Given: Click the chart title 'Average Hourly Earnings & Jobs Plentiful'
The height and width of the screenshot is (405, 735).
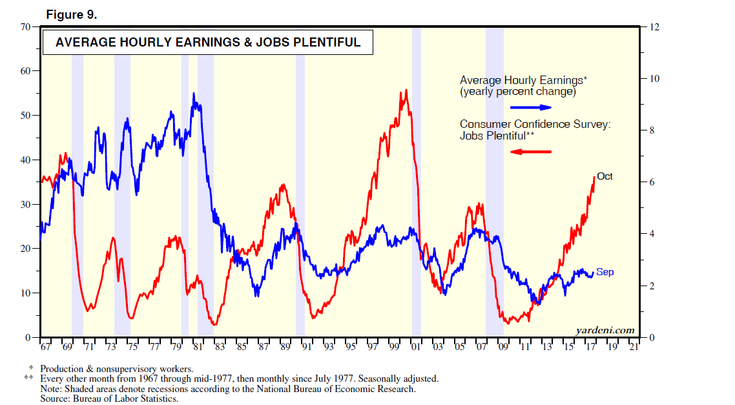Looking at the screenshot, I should [207, 43].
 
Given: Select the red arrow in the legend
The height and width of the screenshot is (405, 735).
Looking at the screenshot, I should [531, 152].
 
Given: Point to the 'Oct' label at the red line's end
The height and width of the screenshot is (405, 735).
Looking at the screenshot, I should [605, 176].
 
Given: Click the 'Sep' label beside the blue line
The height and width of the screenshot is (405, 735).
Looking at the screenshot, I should [605, 272].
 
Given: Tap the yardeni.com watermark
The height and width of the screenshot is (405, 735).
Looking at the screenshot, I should [605, 330].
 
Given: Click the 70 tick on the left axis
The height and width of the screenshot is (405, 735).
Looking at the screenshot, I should [26, 27].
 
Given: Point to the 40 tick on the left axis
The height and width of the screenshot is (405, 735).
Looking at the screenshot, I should [26, 160].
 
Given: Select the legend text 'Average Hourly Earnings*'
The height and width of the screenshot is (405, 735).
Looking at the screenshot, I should [523, 80].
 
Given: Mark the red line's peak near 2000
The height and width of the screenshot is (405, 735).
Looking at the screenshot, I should [406, 90].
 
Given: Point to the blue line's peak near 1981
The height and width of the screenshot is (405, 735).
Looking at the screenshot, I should [194, 94].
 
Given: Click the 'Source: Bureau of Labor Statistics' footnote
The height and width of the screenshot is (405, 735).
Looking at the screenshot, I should [109, 398].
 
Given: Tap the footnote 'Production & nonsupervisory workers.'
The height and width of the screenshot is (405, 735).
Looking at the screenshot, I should [116, 369].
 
